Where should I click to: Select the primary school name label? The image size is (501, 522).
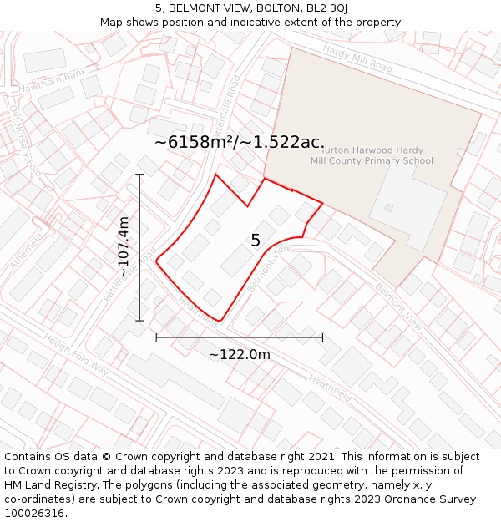(372, 155)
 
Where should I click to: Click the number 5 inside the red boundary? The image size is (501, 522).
(256, 241)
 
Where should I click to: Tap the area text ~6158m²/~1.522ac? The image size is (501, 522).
(240, 142)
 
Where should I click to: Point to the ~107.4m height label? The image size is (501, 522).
(124, 247)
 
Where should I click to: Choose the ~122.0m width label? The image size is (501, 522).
(240, 355)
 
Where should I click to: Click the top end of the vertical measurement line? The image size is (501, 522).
(139, 175)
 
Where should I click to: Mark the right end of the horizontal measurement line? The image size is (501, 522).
(322, 337)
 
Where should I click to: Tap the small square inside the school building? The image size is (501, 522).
(388, 207)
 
